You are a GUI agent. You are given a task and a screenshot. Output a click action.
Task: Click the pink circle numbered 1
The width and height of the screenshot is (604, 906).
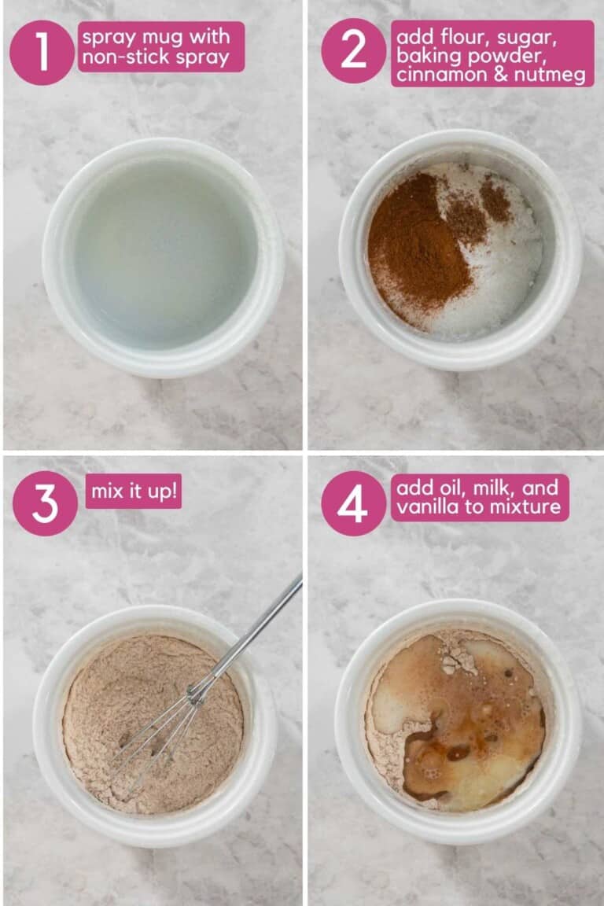pos(42,52)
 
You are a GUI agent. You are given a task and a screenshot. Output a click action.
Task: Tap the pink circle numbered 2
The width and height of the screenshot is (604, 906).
pos(353,52)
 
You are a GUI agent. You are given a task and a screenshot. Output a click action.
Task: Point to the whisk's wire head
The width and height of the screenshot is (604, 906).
pos(157,727)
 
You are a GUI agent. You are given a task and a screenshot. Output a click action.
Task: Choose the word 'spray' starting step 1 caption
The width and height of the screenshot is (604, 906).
pos(107,37)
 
